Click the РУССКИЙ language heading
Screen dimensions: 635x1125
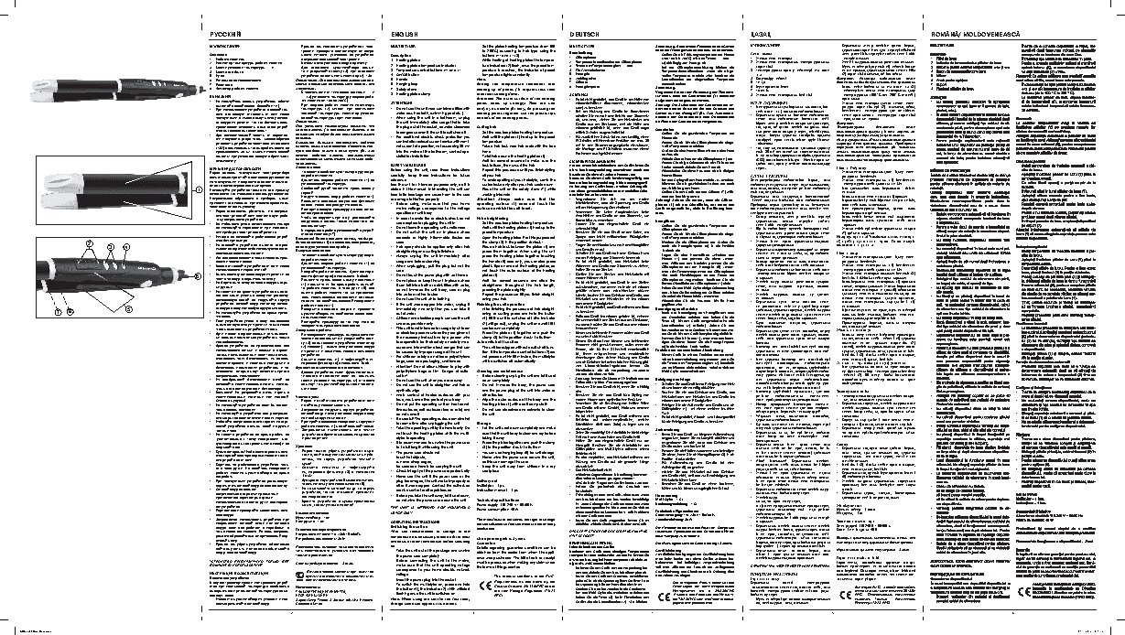[225, 32]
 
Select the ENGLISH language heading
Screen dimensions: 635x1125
[393, 32]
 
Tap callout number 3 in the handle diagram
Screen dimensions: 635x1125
[109, 247]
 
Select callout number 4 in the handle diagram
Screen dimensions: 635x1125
[125, 247]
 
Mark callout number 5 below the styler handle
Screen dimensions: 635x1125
[129, 309]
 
